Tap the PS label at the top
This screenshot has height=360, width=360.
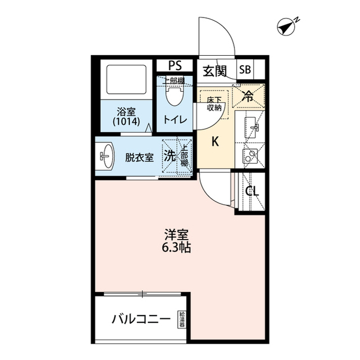175,66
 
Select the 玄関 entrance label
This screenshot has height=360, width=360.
214,71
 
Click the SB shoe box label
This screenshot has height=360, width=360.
245,70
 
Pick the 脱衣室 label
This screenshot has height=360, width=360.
139,157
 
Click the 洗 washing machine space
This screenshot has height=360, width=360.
169,156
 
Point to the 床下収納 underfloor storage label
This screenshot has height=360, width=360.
214,103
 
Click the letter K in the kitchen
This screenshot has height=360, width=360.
214,142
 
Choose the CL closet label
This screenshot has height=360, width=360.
251,191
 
